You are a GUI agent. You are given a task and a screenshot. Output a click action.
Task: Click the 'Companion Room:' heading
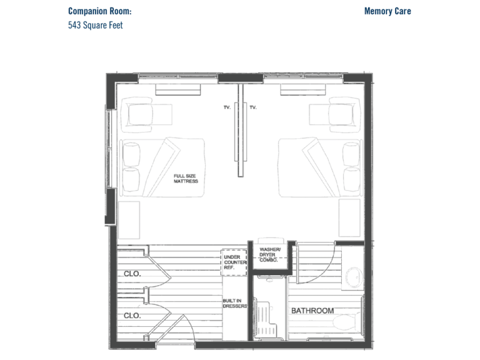[100, 11]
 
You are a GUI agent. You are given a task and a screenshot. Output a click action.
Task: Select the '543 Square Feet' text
[95, 25]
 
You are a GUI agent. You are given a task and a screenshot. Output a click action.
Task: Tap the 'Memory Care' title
[387, 11]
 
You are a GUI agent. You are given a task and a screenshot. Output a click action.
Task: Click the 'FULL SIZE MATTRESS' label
[186, 179]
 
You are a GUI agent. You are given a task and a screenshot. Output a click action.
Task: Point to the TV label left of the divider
[227, 107]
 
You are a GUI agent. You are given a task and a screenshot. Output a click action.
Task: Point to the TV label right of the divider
[253, 107]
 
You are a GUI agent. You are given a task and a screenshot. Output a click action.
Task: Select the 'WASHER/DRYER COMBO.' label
[269, 255]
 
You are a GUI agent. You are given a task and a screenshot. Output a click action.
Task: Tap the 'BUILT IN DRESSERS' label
[235, 303]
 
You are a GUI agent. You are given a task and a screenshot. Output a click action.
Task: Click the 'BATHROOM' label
[312, 311]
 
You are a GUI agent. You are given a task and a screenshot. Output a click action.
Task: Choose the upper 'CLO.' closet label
[132, 274]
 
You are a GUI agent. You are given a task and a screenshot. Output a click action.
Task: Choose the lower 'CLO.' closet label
[132, 316]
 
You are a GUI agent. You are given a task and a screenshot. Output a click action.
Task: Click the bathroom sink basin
[354, 277]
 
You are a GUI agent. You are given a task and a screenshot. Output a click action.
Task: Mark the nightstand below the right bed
[349, 217]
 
